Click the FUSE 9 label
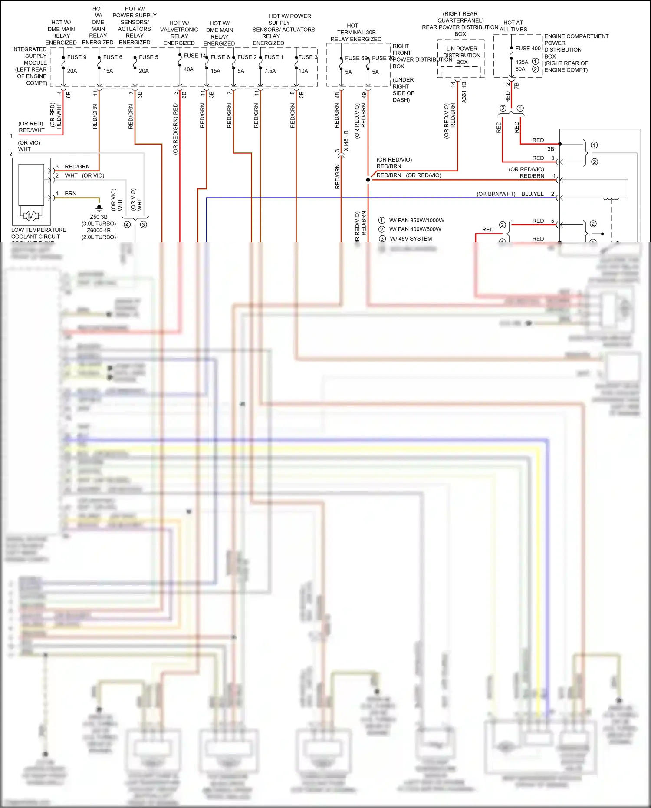76,57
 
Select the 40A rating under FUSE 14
188,69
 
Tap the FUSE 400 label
528,49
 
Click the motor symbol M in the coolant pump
31,216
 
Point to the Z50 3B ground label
99,217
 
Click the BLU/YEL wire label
532,194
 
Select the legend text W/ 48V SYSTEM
411,239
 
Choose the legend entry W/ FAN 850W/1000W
416,221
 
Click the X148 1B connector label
346,141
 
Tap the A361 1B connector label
464,92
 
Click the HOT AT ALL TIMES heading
513,26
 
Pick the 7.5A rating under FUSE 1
270,71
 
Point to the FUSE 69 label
355,58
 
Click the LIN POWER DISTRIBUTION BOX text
462,56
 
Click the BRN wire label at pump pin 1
70,194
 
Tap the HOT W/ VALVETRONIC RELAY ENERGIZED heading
179,33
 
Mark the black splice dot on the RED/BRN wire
368,180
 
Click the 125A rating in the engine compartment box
522,62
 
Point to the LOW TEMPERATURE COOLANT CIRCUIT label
38,234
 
